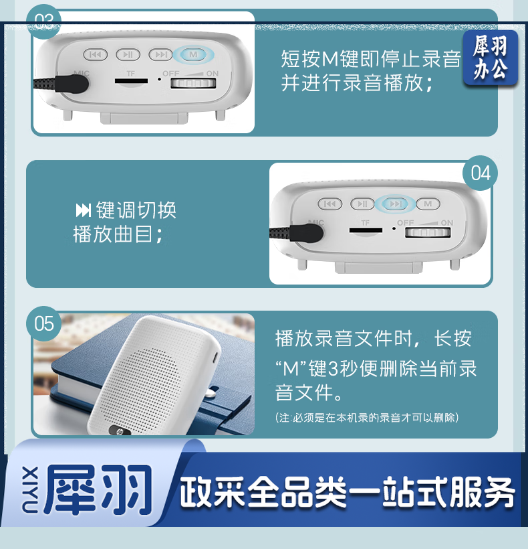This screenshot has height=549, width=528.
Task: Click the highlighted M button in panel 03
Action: click(193, 55)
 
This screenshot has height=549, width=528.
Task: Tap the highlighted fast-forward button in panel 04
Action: click(395, 204)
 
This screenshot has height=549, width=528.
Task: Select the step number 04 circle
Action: click(480, 173)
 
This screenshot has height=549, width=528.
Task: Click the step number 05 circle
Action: click(44, 323)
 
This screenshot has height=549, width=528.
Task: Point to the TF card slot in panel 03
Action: click(132, 81)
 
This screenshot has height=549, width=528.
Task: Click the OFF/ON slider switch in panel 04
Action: click(428, 232)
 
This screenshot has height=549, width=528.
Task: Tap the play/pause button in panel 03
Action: click(128, 55)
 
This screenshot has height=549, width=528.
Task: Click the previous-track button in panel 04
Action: click(330, 204)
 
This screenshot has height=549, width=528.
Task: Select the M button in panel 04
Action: click(428, 204)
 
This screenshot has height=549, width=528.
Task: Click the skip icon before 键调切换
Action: click(84, 210)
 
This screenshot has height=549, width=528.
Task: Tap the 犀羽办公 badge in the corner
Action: click(491, 58)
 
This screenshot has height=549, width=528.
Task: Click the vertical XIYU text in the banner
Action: click(30, 489)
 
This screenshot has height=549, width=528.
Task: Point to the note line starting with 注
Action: click(366, 417)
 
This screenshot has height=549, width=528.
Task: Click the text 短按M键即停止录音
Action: click(371, 58)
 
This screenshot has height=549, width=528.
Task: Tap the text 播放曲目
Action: click(118, 234)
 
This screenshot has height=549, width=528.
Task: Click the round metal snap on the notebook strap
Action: click(211, 393)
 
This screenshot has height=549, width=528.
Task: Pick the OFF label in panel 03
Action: click(171, 74)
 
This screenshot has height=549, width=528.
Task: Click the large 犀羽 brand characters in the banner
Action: click(98, 489)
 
